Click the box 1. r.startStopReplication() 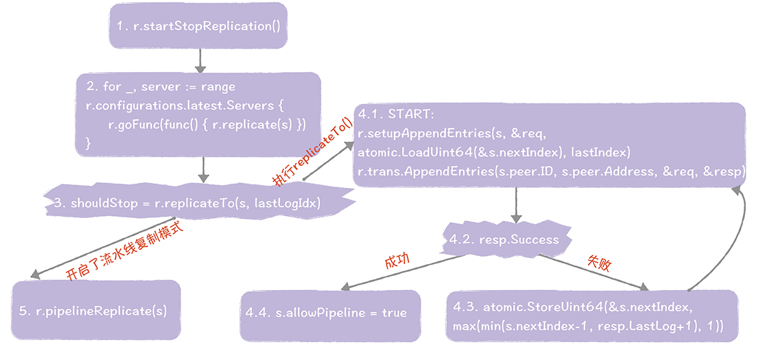[x=198, y=26]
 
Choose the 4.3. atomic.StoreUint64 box [x=592, y=316]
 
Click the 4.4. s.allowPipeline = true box [x=330, y=313]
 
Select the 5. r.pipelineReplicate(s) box [x=96, y=310]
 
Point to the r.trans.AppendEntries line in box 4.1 [x=550, y=172]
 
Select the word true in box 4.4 [x=394, y=313]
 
